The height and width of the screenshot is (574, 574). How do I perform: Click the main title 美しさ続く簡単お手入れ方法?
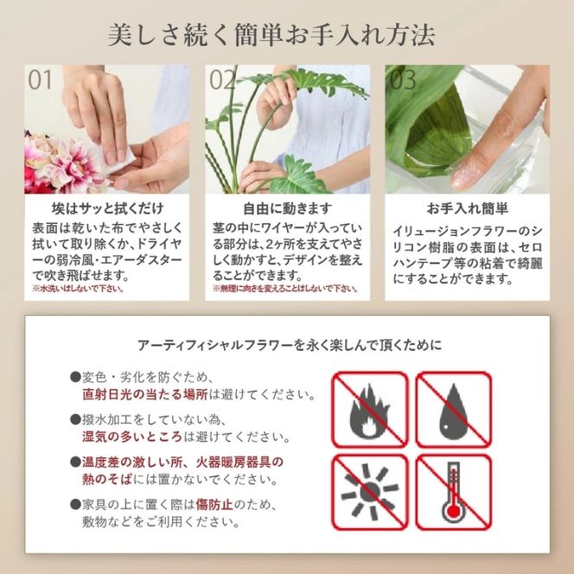[x=271, y=35]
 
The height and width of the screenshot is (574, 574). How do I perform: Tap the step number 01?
[x=40, y=80]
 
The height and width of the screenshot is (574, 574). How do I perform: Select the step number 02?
[x=222, y=80]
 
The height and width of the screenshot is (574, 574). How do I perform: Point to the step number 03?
[x=402, y=80]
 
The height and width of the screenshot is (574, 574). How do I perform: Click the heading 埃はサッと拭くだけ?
[x=107, y=208]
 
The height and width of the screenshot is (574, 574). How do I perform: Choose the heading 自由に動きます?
[x=288, y=208]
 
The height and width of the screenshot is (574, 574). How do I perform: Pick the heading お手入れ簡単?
[x=468, y=208]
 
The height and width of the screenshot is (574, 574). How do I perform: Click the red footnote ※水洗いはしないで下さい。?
[x=78, y=289]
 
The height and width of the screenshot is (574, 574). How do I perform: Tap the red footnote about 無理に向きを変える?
[x=285, y=289]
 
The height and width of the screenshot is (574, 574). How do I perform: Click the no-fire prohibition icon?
[x=370, y=409]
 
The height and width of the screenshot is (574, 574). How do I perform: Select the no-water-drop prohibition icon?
[x=454, y=409]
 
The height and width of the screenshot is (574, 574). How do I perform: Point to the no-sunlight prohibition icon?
[x=370, y=492]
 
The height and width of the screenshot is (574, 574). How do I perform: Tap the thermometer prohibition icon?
[x=454, y=492]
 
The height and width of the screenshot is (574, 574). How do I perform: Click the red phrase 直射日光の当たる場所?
[x=145, y=394]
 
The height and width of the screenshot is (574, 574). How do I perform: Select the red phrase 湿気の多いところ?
[x=132, y=437]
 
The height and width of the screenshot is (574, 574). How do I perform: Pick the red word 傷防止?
[x=214, y=505]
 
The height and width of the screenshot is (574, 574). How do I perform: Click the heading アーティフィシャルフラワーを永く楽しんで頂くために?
[x=290, y=345]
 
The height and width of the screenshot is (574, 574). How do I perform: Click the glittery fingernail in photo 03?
[x=464, y=177]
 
